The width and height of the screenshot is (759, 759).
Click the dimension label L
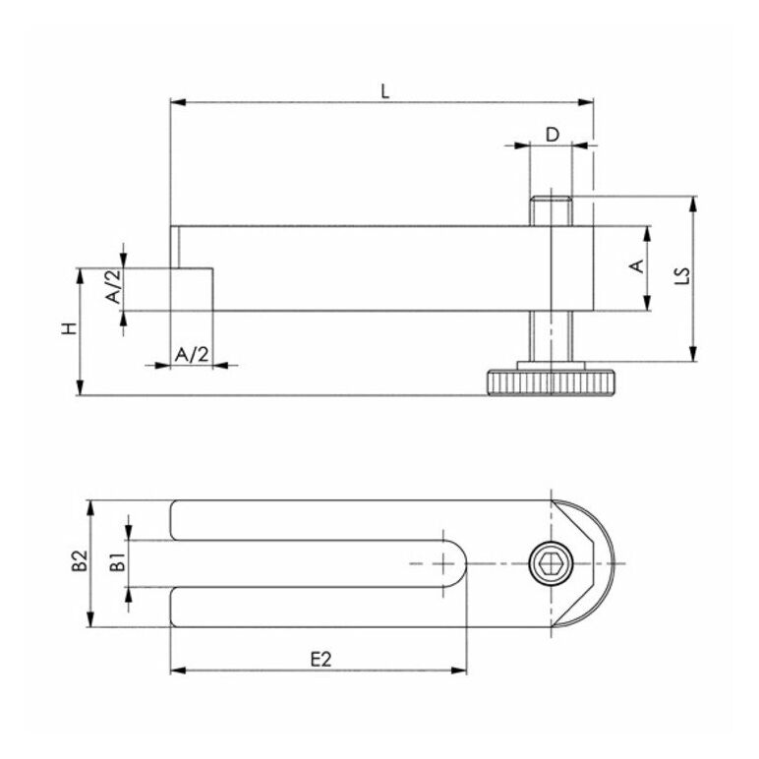click(385, 91)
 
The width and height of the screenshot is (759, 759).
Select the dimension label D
click(553, 134)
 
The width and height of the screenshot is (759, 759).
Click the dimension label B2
click(79, 563)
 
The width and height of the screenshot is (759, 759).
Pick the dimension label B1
click(116, 563)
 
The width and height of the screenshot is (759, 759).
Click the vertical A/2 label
click(114, 287)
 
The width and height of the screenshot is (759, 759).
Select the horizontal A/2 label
click(192, 354)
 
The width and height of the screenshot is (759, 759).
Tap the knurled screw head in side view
click(552, 381)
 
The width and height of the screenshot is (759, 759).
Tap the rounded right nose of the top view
click(602, 564)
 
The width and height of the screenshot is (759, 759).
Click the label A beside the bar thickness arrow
click(635, 267)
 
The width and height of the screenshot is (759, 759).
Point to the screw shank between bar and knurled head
click(552, 336)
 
